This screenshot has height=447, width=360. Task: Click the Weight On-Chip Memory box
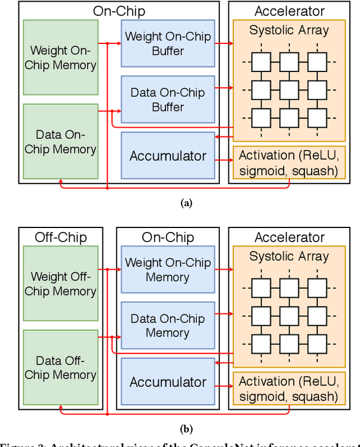[x=60, y=57]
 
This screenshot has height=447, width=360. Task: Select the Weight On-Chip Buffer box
[x=168, y=43]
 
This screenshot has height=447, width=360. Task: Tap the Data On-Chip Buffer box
[x=168, y=99]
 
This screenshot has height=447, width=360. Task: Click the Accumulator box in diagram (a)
[x=168, y=156]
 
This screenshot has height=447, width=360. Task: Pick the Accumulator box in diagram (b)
[x=168, y=382]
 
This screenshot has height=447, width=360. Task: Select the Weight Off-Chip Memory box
[x=60, y=284]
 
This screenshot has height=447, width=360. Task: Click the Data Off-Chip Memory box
[x=60, y=367]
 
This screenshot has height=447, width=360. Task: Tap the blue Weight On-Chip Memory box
[x=168, y=270]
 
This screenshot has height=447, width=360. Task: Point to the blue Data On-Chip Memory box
[x=168, y=325]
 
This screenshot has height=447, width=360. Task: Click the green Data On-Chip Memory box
[x=60, y=141]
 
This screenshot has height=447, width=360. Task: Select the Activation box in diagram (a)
[x=289, y=163]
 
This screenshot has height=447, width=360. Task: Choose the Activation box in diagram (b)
[x=289, y=389]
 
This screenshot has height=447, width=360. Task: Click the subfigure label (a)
[x=186, y=204]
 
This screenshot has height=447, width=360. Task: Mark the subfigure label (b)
[x=186, y=429]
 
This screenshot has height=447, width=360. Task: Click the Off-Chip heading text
[x=60, y=237]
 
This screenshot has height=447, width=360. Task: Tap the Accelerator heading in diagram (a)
[x=289, y=11]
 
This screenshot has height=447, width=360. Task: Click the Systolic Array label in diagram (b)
[x=289, y=257]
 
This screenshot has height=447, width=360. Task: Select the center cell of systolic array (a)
[x=289, y=89]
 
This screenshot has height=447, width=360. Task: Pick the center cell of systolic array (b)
[x=289, y=315]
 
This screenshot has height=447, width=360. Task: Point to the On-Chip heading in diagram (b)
[x=168, y=237]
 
